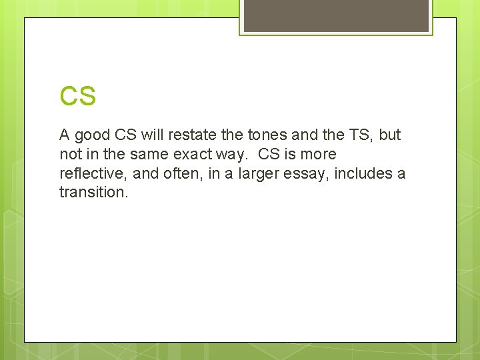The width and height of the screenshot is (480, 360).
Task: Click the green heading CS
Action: pos(78,97)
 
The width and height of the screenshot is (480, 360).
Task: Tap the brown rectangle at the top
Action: pos(336,15)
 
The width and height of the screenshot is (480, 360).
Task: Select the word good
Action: pos(93,135)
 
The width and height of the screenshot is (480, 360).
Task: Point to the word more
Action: pos(317,155)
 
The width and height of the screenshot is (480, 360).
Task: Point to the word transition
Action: pos(93,193)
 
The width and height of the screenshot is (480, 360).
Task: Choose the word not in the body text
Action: pos(70,155)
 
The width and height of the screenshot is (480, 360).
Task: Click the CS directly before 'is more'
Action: pos(270,155)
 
